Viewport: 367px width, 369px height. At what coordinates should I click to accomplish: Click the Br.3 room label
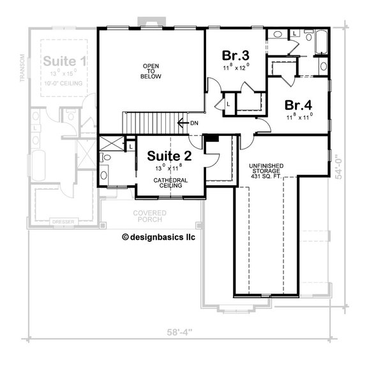(235, 55)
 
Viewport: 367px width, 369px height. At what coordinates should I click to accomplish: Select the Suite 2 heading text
(167, 155)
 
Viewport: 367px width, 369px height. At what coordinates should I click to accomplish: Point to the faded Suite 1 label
(65, 62)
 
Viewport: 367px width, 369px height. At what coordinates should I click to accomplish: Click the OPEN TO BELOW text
(151, 71)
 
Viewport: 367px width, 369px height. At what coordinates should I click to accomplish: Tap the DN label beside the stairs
(193, 123)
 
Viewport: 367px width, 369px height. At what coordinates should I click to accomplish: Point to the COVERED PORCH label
(149, 216)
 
